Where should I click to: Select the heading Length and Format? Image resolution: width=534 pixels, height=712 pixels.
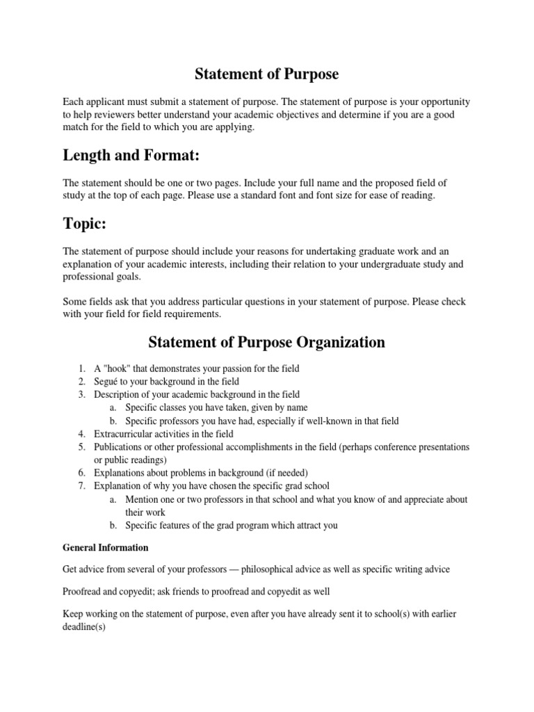pos(126,154)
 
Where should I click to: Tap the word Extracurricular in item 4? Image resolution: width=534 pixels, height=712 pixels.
pos(124,433)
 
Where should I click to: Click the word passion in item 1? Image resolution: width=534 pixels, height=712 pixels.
pos(245,368)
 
